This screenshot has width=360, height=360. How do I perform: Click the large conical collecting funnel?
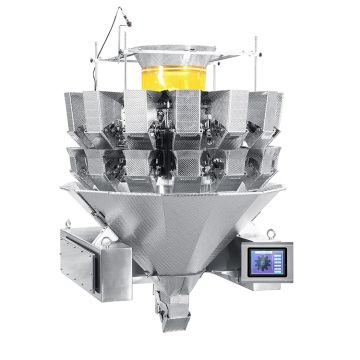tap(180, 225)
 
